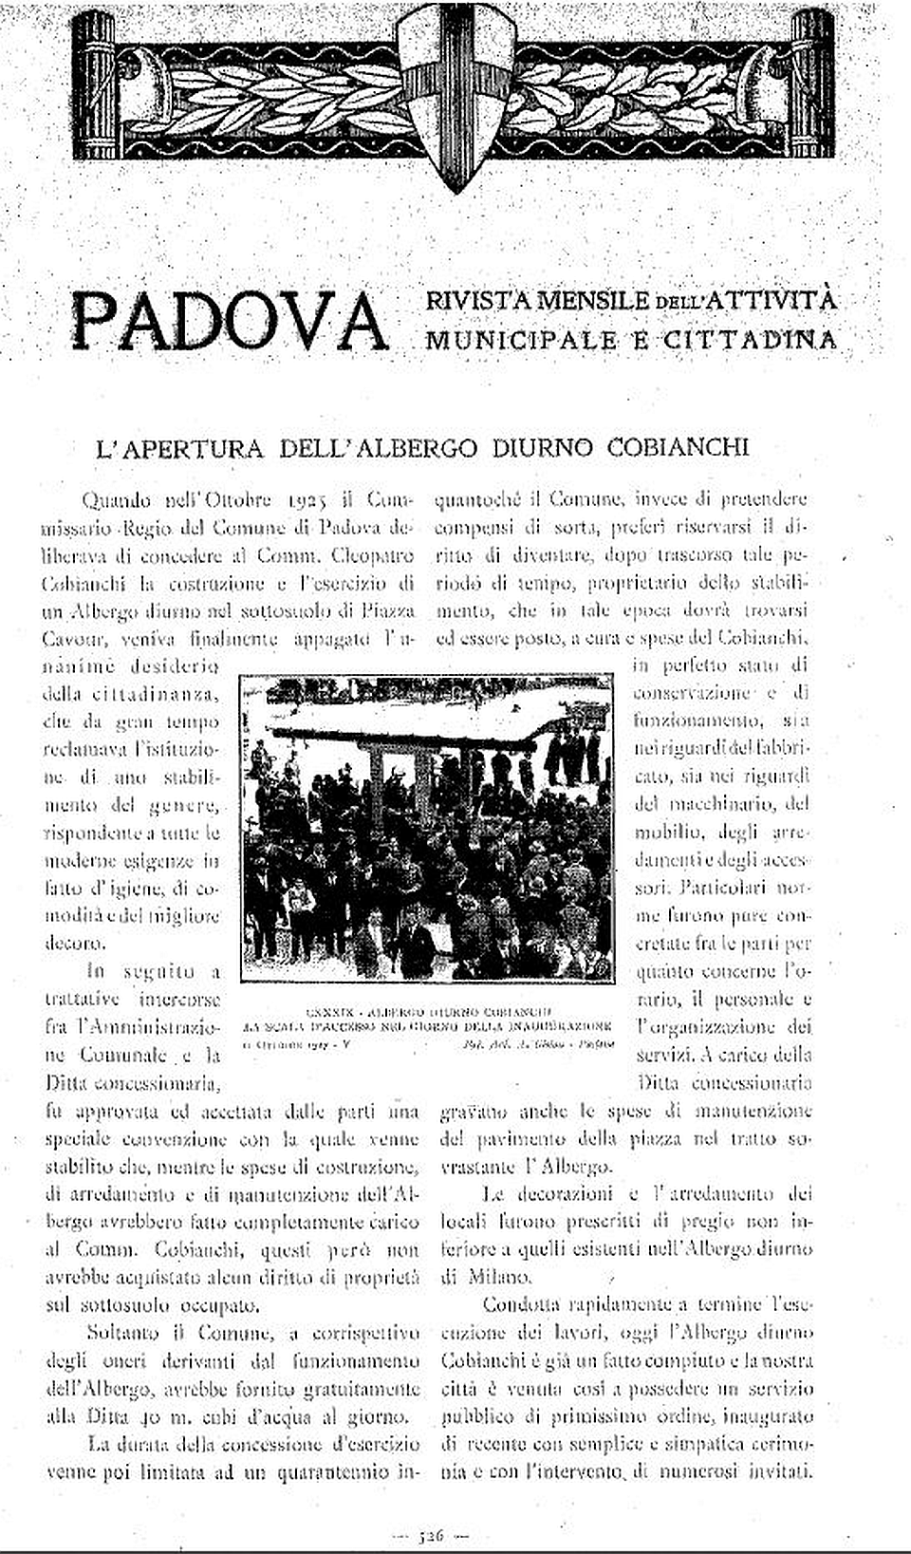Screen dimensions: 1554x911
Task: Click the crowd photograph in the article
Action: pos(426,826)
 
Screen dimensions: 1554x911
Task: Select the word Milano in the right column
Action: pos(499,1276)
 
